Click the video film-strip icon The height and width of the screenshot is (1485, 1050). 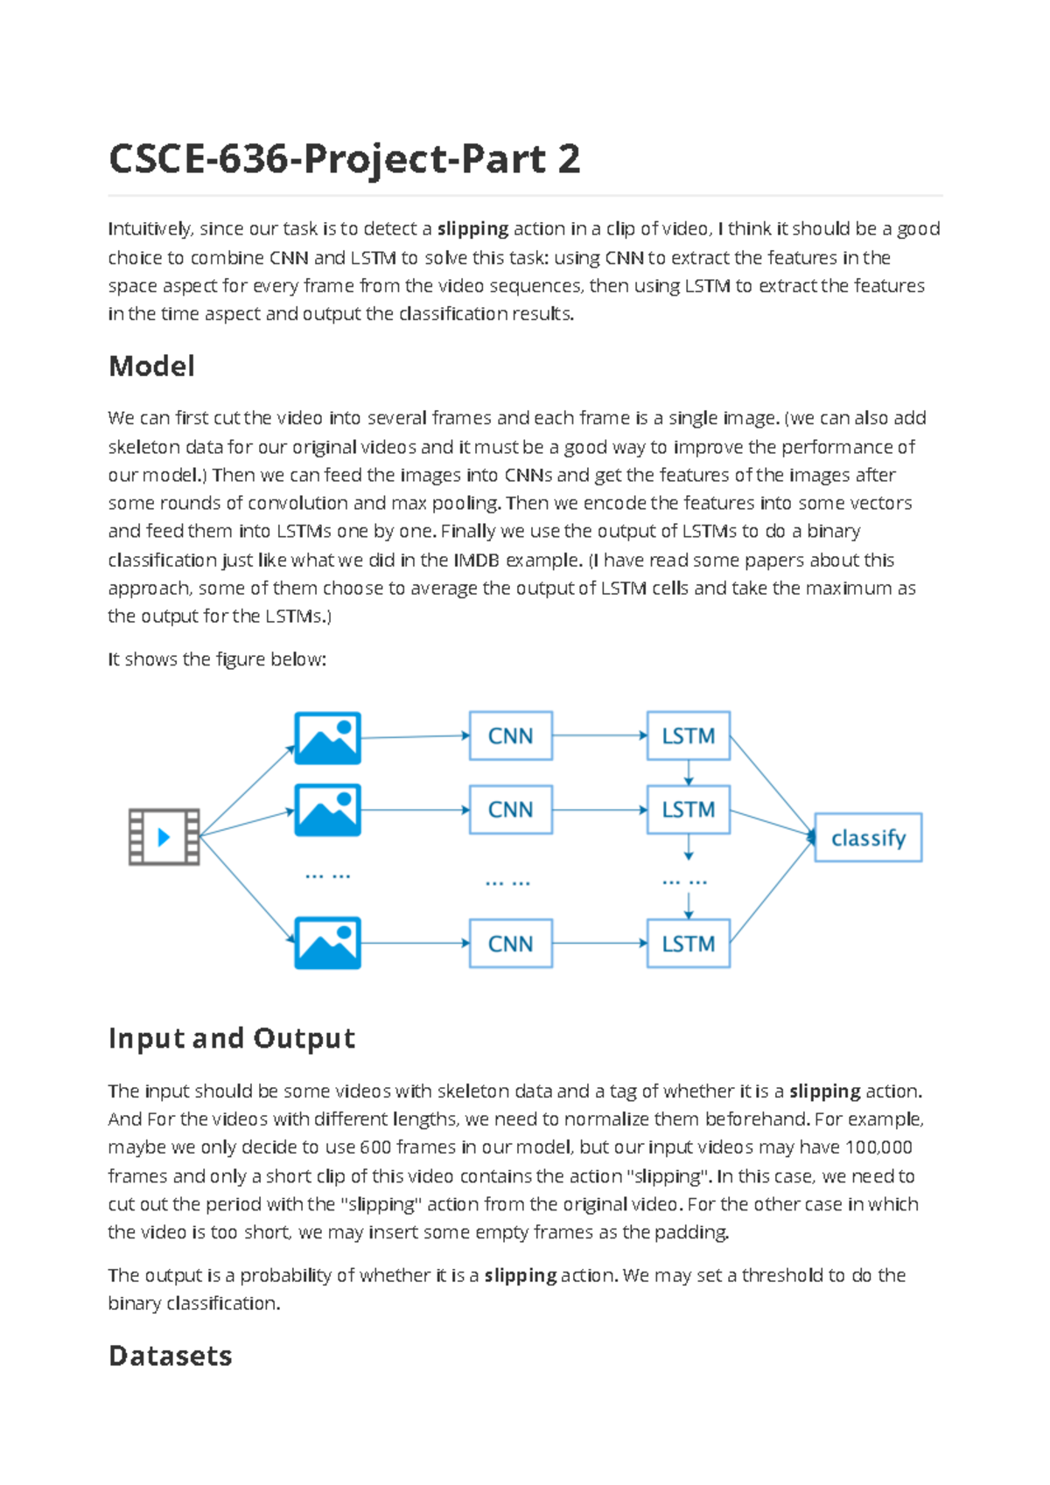click(164, 837)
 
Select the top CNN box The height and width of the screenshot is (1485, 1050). click(511, 736)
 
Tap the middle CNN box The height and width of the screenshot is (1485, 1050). click(511, 810)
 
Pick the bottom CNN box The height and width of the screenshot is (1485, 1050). click(511, 944)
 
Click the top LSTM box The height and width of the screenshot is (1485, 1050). click(689, 736)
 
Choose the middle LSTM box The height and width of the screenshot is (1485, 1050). click(689, 810)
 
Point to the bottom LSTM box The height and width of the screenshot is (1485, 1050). click(689, 944)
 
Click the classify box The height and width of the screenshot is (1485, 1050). click(868, 838)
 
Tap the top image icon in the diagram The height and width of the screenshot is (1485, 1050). click(327, 738)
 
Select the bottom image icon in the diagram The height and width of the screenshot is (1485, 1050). click(327, 943)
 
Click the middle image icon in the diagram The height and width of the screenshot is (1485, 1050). click(327, 810)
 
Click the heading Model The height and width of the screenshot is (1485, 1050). click(151, 366)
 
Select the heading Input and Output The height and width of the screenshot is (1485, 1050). click(232, 1038)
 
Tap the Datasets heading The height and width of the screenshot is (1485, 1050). click(171, 1356)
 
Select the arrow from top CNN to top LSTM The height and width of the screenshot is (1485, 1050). click(599, 736)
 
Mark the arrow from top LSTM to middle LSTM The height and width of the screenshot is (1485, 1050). click(689, 772)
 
